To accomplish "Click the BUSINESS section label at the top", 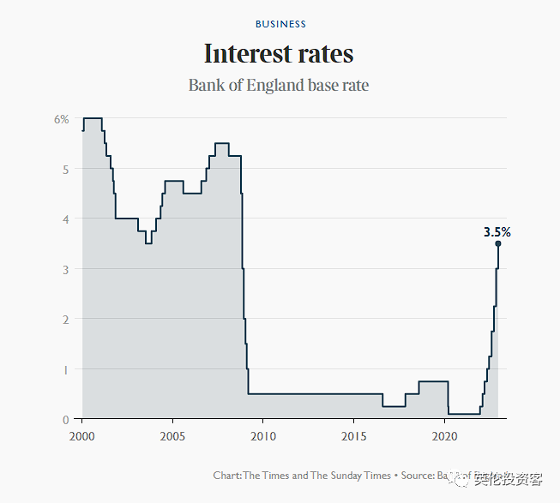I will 280,24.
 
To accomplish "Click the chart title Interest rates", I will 279,54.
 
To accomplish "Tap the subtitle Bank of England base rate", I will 279,86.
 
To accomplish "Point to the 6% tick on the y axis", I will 61,119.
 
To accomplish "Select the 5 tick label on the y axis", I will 64,169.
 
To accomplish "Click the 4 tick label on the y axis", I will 64,219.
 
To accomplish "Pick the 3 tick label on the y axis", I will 64,269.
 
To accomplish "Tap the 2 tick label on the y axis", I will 64,319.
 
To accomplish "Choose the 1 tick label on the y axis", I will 64,369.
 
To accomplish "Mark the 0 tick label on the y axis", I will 64,419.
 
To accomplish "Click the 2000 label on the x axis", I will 82,436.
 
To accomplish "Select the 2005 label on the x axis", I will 173,436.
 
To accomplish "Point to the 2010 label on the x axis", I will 264,436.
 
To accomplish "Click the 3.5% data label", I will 497,231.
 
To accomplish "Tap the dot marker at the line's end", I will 497,243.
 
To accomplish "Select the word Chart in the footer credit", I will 226,475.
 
